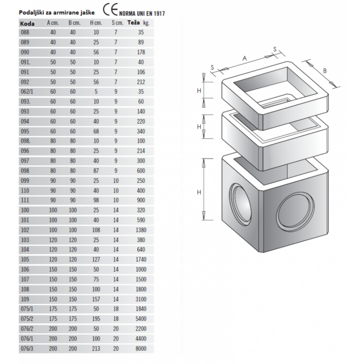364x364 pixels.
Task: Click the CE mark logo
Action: pyautogui.click(x=110, y=9)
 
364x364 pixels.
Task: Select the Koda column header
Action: pyautogui.click(x=27, y=24)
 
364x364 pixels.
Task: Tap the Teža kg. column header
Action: pyautogui.click(x=138, y=23)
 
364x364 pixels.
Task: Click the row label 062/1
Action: pyautogui.click(x=27, y=91)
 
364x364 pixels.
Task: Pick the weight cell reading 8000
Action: pyautogui.click(x=141, y=348)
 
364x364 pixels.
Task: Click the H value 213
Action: pyautogui.click(x=96, y=348)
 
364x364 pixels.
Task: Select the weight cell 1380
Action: pyautogui.click(x=141, y=230)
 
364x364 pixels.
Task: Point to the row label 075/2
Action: pyautogui.click(x=27, y=318)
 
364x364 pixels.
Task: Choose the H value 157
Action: pyautogui.click(x=96, y=299)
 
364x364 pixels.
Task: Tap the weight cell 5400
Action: pyautogui.click(x=141, y=318)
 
